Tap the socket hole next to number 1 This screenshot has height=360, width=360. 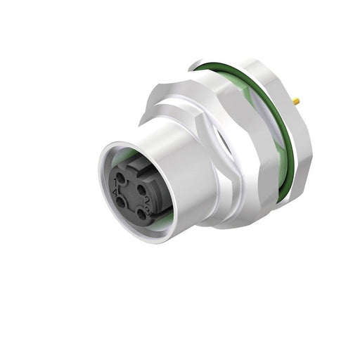pyautogui.click(x=120, y=178)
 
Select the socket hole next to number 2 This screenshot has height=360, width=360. pyautogui.click(x=142, y=190)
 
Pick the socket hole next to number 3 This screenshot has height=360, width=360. pyautogui.click(x=142, y=214)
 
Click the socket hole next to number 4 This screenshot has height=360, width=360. pyautogui.click(x=120, y=202)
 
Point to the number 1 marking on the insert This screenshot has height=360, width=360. pyautogui.click(x=115, y=181)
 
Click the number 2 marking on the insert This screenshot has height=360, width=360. pyautogui.click(x=147, y=200)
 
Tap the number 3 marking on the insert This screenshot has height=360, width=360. pyautogui.click(x=148, y=212)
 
